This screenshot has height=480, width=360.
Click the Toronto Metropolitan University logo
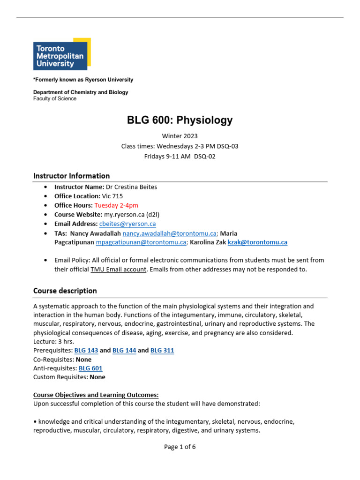pyautogui.click(x=61, y=54)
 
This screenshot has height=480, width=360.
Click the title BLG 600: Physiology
pyautogui.click(x=180, y=120)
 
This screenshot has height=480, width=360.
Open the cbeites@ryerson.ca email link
pyautogui.click(x=127, y=224)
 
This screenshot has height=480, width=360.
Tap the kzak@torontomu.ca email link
pyautogui.click(x=257, y=242)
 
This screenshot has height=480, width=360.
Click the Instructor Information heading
pyautogui.click(x=71, y=176)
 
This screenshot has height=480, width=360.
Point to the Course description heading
pyautogui.click(x=65, y=291)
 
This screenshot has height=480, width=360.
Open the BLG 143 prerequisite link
pyautogui.click(x=82, y=351)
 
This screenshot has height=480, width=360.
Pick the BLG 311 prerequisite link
pyautogui.click(x=162, y=351)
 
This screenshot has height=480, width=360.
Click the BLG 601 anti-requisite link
pyautogui.click(x=90, y=368)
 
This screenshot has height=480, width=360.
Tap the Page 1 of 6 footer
pyautogui.click(x=180, y=447)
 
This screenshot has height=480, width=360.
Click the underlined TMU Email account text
pyautogui.click(x=122, y=269)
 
